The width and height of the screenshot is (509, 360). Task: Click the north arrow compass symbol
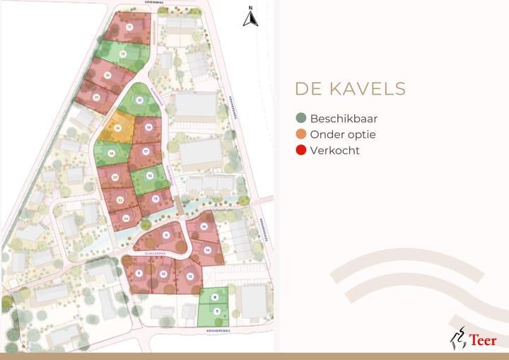pyautogui.click(x=250, y=18)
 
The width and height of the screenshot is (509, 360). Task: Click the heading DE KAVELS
pyautogui.click(x=350, y=89)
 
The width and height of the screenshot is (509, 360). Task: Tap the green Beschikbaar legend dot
pyautogui.click(x=301, y=119)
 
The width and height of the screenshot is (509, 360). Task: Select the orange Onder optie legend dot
pyautogui.click(x=301, y=134)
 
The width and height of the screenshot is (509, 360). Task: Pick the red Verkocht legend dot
pyautogui.click(x=301, y=150)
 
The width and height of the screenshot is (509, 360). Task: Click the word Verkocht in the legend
pyautogui.click(x=334, y=150)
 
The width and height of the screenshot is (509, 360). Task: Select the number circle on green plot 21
pyautogui.click(x=140, y=101)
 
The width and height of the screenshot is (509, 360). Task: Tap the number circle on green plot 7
pyautogui.click(x=217, y=311)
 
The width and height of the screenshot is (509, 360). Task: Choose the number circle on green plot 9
pyautogui.click(x=214, y=297)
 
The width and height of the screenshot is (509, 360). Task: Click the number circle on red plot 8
pyautogui.click(x=139, y=273)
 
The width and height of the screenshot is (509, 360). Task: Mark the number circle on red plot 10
pyautogui.click(x=163, y=274)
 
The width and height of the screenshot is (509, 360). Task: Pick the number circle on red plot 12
pyautogui.click(x=190, y=276)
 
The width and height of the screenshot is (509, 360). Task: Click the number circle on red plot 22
pyautogui.click(x=120, y=200)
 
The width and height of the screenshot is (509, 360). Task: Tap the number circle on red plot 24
pyautogui.click(x=125, y=218)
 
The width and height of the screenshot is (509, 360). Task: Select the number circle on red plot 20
pyautogui.click(x=115, y=177)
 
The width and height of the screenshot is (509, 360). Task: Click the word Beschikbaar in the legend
pyautogui.click(x=344, y=119)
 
